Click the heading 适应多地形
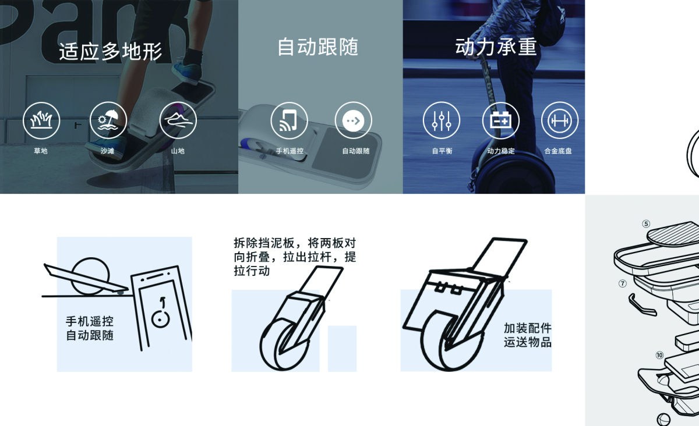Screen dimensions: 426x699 tap(110, 52)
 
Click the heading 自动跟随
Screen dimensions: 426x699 tap(317, 47)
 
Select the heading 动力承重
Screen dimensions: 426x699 tap(496, 47)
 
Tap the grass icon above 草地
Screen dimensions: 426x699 tap(41, 120)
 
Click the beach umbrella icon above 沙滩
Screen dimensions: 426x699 tap(108, 120)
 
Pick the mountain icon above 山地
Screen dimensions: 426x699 tap(178, 120)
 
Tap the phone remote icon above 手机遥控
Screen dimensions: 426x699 tap(290, 120)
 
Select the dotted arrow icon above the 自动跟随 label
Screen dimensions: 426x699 tap(354, 120)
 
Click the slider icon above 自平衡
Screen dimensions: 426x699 tap(441, 120)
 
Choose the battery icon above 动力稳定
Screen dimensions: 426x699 tap(500, 120)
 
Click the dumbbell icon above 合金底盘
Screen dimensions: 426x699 tap(560, 120)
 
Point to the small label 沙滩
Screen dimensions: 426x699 tap(108, 151)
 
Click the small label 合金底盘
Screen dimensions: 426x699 tap(558, 151)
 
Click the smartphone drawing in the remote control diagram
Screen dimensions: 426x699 tap(161, 308)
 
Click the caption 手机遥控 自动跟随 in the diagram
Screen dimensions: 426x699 tap(90, 328)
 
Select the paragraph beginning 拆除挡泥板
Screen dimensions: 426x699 tap(294, 257)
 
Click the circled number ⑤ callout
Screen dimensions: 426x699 tap(645, 223)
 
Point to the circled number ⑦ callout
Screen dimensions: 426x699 tap(622, 284)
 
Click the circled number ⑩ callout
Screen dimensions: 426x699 tap(659, 355)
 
